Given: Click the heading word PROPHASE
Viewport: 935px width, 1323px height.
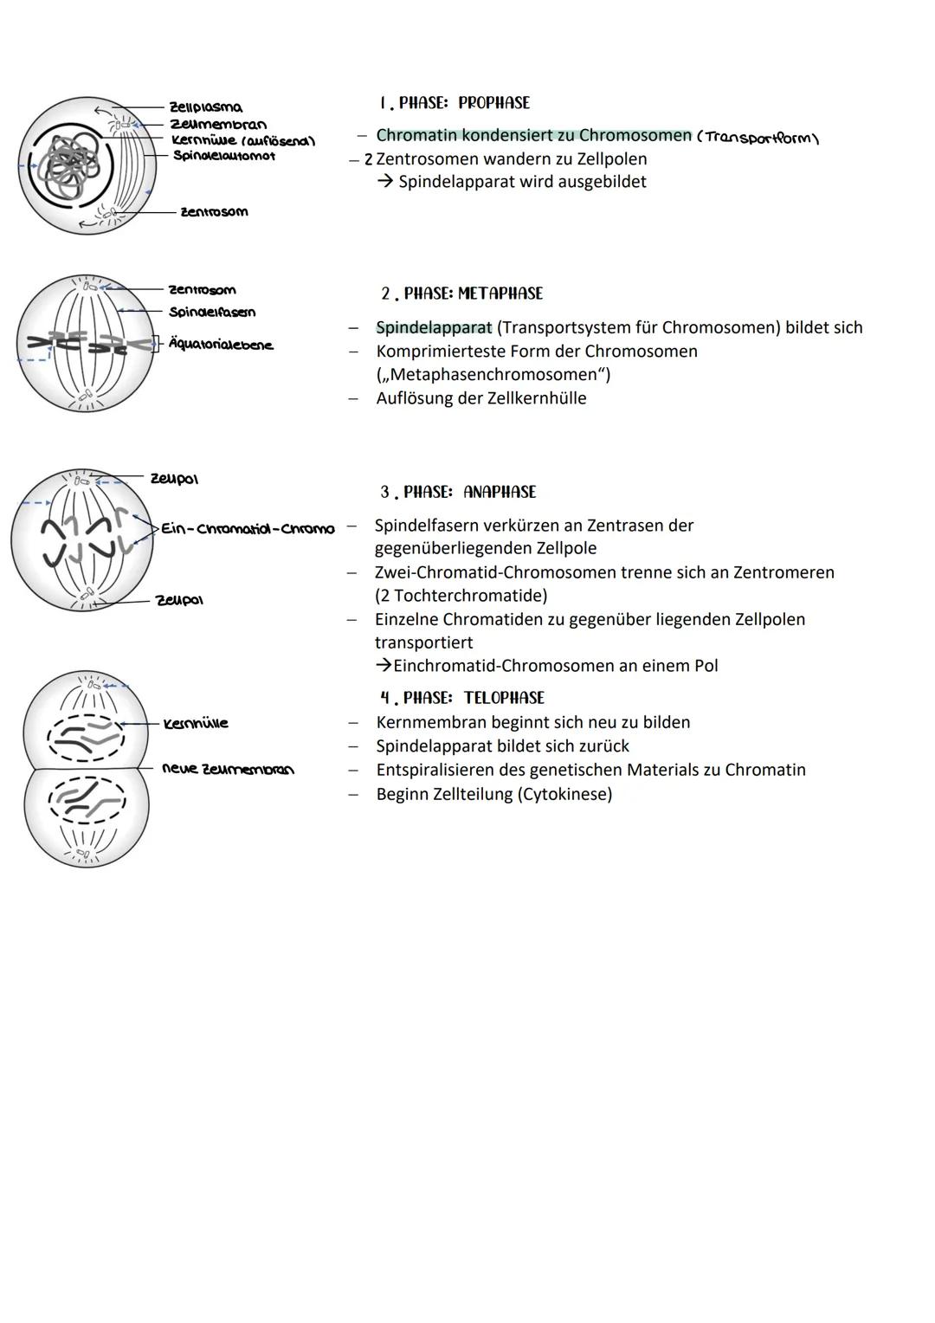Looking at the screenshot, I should tap(493, 103).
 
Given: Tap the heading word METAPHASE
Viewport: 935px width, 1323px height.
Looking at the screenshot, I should tap(500, 294).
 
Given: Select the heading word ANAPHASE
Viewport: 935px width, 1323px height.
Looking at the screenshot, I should tap(500, 492).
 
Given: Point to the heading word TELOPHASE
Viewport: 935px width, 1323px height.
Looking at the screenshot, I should tap(504, 698).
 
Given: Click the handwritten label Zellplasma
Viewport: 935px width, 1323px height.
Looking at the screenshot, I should tap(205, 108).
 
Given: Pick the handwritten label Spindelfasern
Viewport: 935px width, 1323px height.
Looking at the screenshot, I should tap(212, 312).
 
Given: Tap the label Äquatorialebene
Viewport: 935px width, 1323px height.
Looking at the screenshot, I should tap(221, 345).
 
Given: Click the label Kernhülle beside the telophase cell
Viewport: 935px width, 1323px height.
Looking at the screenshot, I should tap(196, 723).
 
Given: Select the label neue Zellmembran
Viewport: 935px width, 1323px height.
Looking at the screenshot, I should tap(228, 769).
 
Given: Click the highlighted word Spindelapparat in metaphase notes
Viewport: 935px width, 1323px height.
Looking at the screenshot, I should tap(434, 327).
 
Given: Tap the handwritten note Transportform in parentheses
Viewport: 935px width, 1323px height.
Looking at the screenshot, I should tap(758, 138).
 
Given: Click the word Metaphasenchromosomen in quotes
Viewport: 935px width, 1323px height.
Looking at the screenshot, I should tap(493, 374).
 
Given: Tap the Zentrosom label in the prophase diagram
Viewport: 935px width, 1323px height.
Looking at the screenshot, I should tap(213, 212).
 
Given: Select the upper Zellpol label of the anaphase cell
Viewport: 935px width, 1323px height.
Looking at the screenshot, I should tap(174, 479).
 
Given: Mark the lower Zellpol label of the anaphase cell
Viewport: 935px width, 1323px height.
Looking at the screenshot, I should tap(178, 599).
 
